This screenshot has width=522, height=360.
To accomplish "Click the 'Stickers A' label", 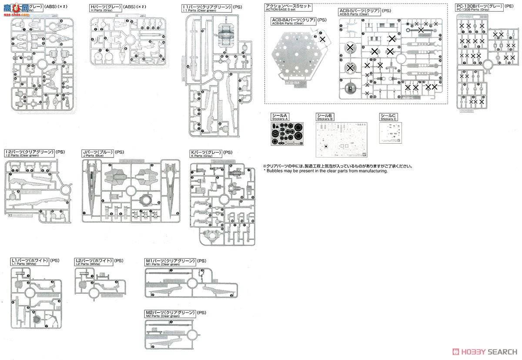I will [x=278, y=119].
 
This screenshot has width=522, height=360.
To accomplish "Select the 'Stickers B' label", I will [x=325, y=119].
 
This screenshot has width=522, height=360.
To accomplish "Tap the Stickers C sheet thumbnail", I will [x=390, y=131].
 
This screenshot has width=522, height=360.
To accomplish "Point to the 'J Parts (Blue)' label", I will [x=93, y=156].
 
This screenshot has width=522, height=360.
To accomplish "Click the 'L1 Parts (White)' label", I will [x=24, y=264].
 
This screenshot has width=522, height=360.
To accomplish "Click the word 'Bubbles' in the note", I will [x=274, y=171].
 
